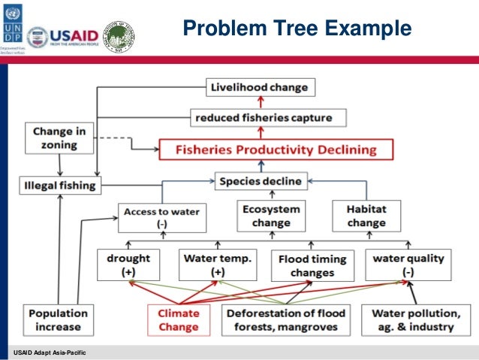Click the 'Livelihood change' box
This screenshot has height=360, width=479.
click(260, 87)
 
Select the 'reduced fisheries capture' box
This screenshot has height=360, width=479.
click(260, 117)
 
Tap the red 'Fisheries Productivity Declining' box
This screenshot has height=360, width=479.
click(276, 149)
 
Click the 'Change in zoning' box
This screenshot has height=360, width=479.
click(59, 138)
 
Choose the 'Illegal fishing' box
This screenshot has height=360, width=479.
click(59, 183)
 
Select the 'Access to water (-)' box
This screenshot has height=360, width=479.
click(161, 218)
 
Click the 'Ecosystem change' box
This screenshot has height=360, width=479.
click(270, 215)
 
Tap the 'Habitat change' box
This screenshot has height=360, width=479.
click(366, 215)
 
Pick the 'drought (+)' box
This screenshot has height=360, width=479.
click(129, 264)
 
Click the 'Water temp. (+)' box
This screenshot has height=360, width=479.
click(218, 264)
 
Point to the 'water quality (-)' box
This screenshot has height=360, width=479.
click(408, 264)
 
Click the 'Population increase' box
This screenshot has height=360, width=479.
click(57, 319)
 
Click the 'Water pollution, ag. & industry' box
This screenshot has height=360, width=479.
click(414, 319)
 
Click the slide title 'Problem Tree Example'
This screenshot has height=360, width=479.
click(297, 29)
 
